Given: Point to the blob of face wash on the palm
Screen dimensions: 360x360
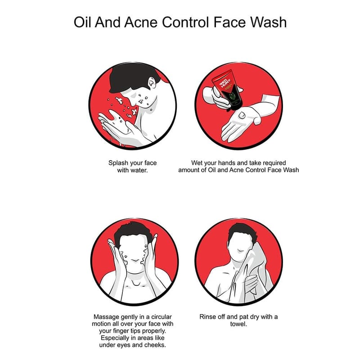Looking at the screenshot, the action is point(242,115).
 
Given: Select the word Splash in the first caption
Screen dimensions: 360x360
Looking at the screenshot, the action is point(118,163).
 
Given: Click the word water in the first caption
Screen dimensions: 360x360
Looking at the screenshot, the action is point(139,171).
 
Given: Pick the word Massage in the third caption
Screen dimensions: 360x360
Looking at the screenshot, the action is point(106,317).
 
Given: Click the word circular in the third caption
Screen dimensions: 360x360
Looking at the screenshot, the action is point(161,317).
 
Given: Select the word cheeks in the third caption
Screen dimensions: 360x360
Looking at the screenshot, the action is point(155,345).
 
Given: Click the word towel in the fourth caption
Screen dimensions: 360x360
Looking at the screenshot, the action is point(238,324).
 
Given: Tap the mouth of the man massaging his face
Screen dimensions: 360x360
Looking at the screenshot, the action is point(135,261).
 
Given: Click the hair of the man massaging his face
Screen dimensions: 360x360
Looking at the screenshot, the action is point(133,232).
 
